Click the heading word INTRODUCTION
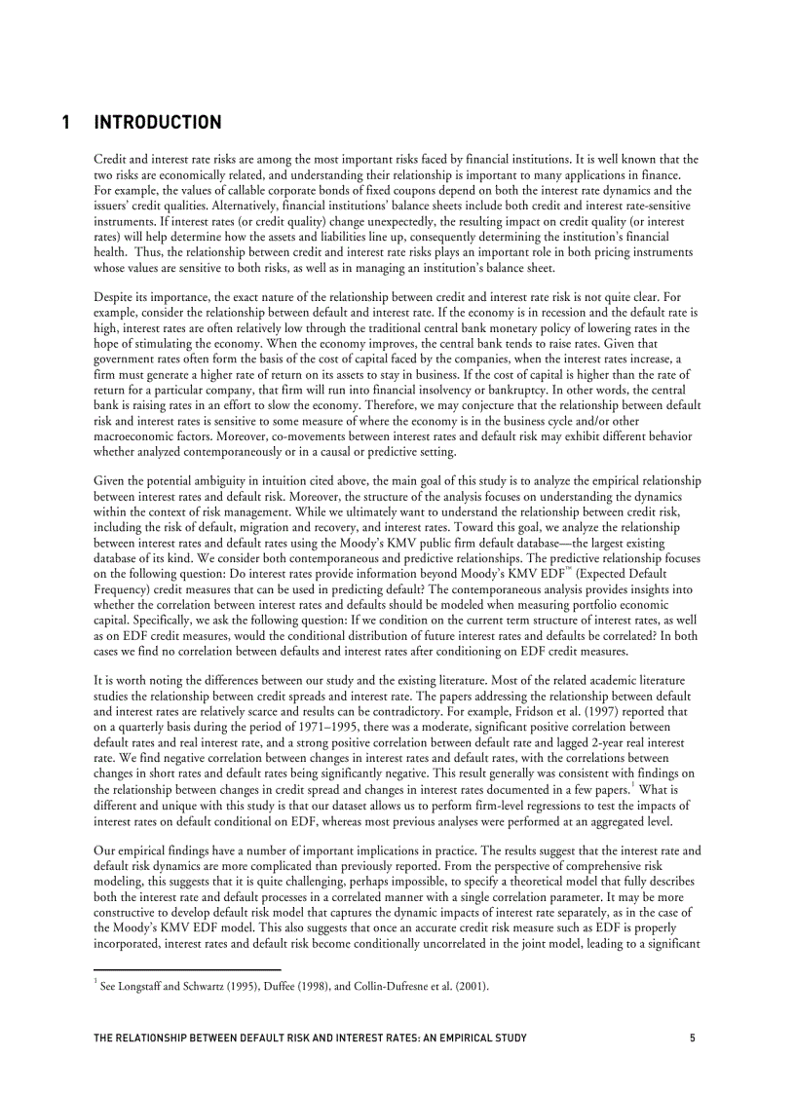158,123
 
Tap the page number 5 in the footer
692,1038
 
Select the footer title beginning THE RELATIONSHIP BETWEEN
310,1038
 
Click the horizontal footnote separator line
186,969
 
